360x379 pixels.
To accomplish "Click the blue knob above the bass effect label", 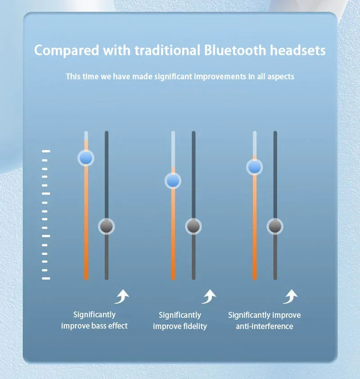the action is (86, 158).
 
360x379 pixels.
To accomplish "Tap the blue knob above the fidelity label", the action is (173, 181).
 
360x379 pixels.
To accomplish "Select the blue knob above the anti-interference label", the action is (255, 167).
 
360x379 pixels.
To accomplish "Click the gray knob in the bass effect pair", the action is (106, 226).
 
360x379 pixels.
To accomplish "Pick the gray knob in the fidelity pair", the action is (193, 226).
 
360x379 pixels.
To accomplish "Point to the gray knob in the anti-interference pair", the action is (275, 226).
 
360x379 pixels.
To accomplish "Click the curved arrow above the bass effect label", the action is (122, 297).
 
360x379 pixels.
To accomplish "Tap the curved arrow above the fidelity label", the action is (209, 297).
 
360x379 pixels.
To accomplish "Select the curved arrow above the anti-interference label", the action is (291, 297).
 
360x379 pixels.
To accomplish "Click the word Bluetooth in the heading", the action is (235, 50).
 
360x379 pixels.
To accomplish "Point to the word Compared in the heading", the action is (67, 51).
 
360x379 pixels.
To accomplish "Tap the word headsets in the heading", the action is (297, 50).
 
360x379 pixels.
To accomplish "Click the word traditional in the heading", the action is (167, 50).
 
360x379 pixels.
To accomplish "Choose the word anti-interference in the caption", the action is (265, 326).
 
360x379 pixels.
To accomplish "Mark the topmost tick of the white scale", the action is (46, 151).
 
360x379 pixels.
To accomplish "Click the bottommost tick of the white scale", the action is (46, 279).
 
